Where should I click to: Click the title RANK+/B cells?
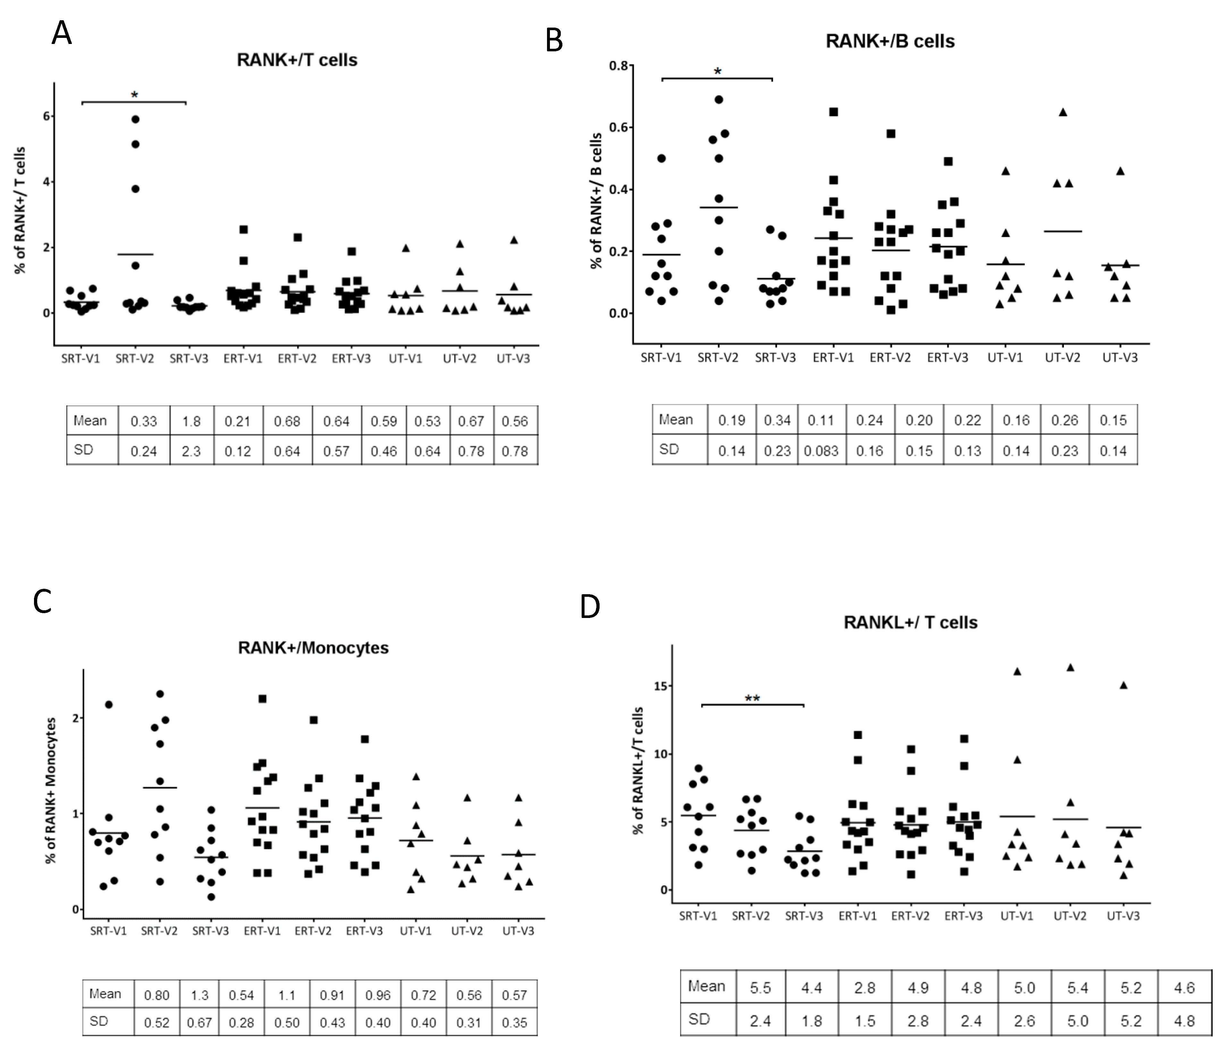click(x=890, y=41)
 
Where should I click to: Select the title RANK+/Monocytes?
click(x=313, y=647)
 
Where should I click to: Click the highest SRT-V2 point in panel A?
click(x=135, y=119)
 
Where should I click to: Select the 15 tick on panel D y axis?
click(x=661, y=686)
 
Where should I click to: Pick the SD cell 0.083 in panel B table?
click(x=821, y=451)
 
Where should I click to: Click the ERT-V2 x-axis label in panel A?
click(x=297, y=358)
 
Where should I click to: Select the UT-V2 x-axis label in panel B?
click(x=1062, y=357)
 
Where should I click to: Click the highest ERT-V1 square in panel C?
click(x=262, y=698)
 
